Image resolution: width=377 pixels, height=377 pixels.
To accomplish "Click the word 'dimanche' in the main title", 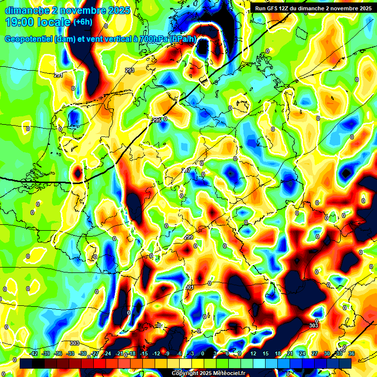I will click(27, 10).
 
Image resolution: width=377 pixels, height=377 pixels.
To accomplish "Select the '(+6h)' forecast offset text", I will click(82, 22).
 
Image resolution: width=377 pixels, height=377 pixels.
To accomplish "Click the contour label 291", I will click(58, 75).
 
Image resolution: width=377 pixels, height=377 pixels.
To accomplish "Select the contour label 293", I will click(130, 71).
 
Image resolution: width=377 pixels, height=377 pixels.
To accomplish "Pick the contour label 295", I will click(157, 120).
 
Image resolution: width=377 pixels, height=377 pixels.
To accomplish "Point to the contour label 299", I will click(188, 237).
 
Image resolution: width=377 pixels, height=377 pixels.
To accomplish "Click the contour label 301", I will click(189, 287).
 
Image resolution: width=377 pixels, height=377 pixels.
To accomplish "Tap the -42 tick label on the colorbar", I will click(34, 353).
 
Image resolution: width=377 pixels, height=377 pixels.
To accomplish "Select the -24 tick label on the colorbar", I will click(107, 353).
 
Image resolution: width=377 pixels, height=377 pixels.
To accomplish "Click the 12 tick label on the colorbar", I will click(253, 353).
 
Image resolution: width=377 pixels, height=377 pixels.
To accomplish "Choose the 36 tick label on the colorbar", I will click(351, 353).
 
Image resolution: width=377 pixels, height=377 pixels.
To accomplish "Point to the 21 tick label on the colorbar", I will click(290, 353).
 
